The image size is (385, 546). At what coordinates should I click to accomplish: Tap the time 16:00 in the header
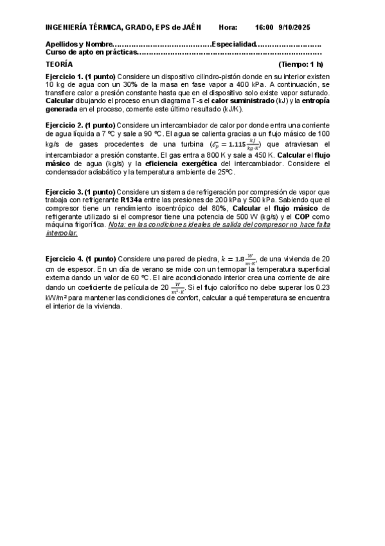[264, 27]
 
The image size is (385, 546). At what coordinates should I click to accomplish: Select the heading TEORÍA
[59, 64]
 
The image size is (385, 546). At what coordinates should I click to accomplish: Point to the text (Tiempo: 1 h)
[301, 64]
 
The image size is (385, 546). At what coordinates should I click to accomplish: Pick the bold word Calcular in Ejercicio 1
[60, 100]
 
